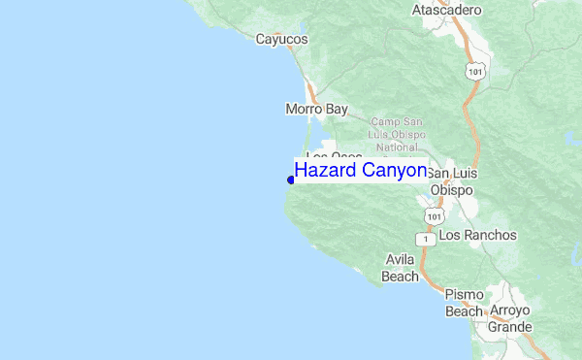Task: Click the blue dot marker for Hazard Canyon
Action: pyautogui.click(x=291, y=179)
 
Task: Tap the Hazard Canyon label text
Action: pyautogui.click(x=361, y=171)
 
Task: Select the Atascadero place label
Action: pyautogui.click(x=446, y=10)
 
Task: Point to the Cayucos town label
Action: pyautogui.click(x=281, y=40)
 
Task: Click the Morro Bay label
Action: pyautogui.click(x=316, y=110)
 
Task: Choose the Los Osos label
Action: pyautogui.click(x=334, y=155)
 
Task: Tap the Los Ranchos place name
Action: pyautogui.click(x=478, y=236)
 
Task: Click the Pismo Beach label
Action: pyautogui.click(x=464, y=303)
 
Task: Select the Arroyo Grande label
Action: pyautogui.click(x=510, y=319)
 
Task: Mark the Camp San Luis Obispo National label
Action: pyautogui.click(x=396, y=135)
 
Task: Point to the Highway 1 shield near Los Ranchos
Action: pyautogui.click(x=423, y=238)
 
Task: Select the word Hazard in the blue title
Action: pyautogui.click(x=325, y=171)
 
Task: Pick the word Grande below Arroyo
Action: pyautogui.click(x=510, y=327)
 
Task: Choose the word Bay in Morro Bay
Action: pyautogui.click(x=336, y=110)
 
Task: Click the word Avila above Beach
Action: pyautogui.click(x=400, y=261)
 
